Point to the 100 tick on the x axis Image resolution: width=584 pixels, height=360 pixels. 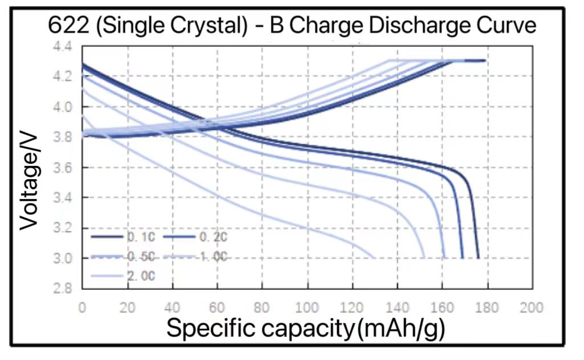[307, 308]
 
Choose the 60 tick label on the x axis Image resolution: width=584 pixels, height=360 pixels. [217, 308]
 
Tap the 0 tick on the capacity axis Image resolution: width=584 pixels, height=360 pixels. [83, 308]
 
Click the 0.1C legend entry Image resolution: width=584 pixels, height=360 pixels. [123, 236]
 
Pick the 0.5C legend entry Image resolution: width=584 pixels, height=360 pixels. [123, 257]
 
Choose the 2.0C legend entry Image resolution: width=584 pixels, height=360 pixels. [123, 276]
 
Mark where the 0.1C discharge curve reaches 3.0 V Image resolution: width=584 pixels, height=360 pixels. [478, 258]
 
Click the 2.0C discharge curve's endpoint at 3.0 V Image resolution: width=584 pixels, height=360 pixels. [375, 258]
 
